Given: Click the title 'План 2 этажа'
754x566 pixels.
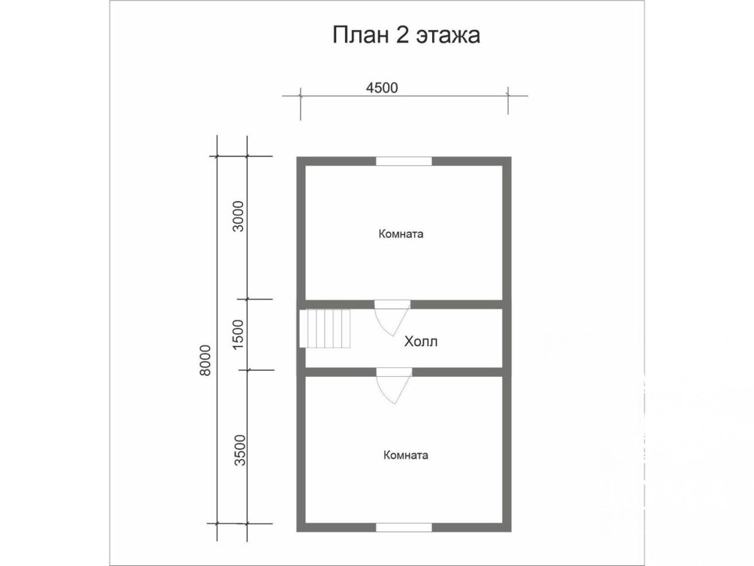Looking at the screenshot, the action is [x=407, y=35].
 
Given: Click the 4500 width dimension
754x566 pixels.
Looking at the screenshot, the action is [x=383, y=88].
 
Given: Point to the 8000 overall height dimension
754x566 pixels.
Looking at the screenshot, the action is [x=206, y=360].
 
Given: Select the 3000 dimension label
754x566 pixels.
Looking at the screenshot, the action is [x=239, y=216].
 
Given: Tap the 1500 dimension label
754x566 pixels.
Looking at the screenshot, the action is [x=239, y=334].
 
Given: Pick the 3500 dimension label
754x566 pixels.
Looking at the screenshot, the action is [x=239, y=450].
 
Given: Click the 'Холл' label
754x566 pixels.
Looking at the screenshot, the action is [x=421, y=342].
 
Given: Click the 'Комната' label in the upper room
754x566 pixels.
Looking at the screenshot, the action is [x=401, y=234].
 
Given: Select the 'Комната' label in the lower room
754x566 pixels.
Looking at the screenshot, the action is [x=406, y=456].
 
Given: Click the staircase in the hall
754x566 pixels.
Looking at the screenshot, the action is [x=325, y=328].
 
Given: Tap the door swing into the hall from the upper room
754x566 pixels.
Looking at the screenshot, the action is [x=392, y=318].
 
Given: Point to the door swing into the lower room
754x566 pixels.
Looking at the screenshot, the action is [x=395, y=386].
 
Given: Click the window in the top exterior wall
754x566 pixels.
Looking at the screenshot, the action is [x=404, y=161].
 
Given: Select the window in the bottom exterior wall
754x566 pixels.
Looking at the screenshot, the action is [x=404, y=528].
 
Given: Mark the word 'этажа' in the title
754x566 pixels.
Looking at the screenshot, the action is [x=448, y=37].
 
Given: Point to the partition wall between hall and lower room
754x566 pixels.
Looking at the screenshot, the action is [x=404, y=372].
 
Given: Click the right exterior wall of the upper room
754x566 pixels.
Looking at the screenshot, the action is [x=507, y=229].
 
